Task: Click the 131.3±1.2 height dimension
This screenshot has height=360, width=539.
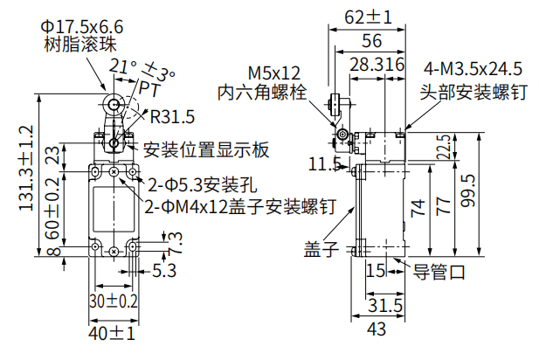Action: [26, 175]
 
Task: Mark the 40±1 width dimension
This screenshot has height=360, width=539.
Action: [112, 333]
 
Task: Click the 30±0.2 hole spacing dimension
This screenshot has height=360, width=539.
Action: [113, 301]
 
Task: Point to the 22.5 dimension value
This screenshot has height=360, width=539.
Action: [444, 148]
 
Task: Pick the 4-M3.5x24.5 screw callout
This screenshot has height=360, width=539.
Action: [472, 69]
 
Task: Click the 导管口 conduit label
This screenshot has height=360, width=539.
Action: [439, 271]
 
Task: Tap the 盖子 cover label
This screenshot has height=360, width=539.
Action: [321, 249]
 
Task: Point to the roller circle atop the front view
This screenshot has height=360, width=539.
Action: [113, 106]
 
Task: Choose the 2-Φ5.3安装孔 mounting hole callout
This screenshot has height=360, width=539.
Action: [201, 185]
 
